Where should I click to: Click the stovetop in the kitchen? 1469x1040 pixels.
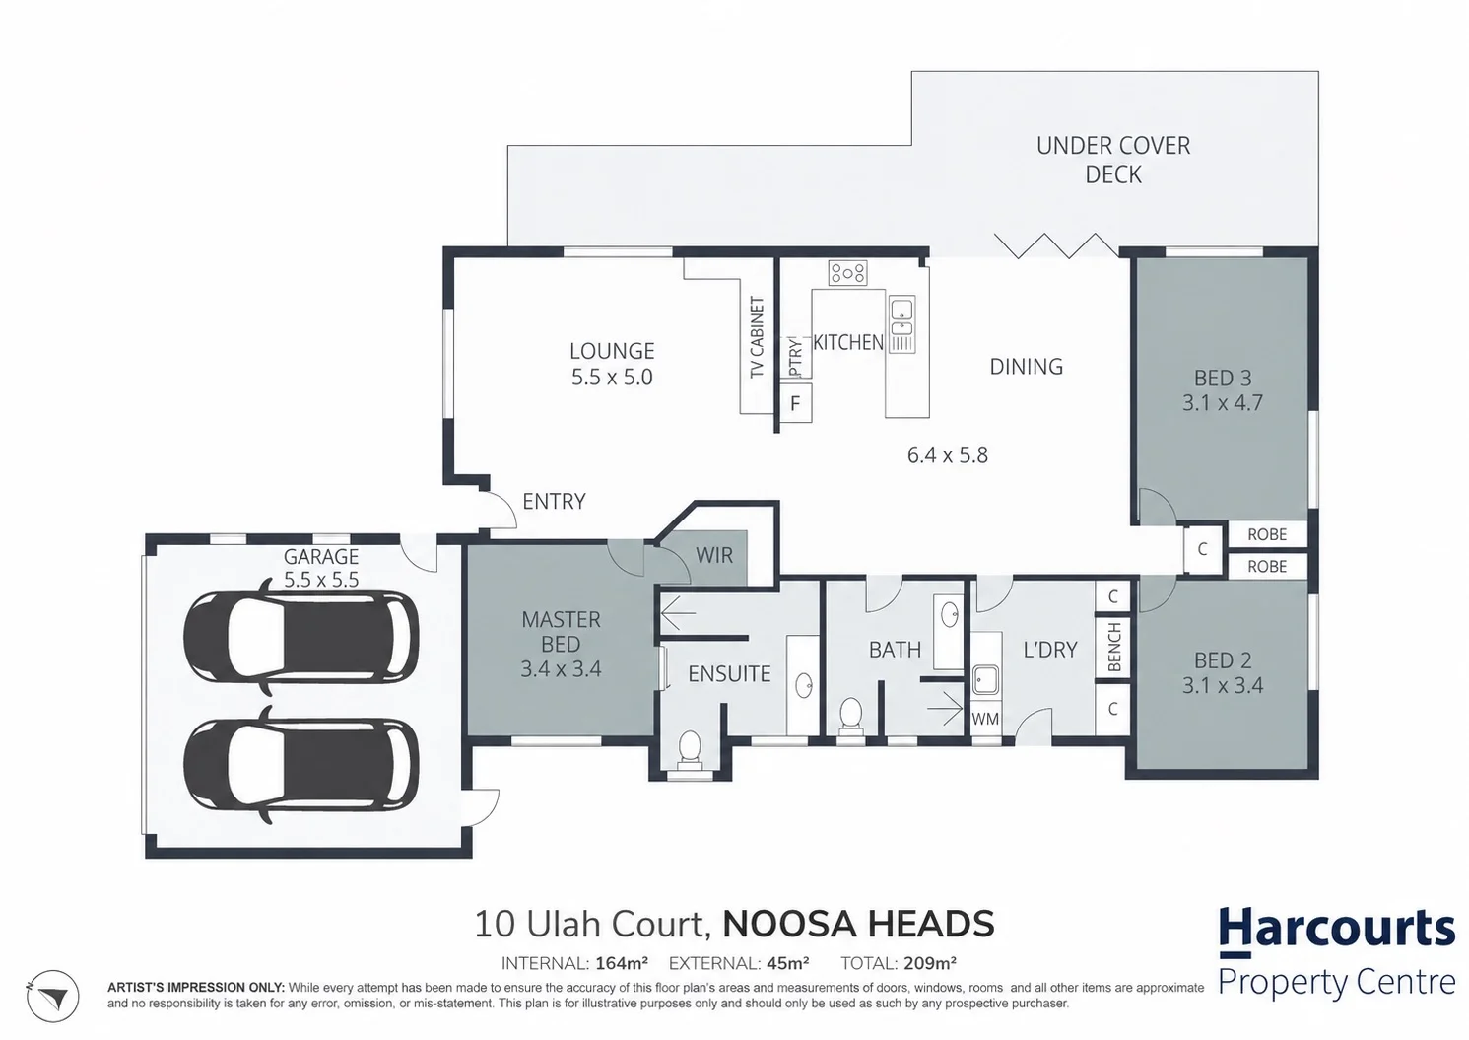coord(847,273)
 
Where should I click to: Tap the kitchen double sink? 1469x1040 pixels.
coord(901,324)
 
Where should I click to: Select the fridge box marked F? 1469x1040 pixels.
coord(795,403)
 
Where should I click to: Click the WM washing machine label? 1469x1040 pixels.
coord(985,720)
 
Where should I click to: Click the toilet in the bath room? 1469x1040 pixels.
coord(850,715)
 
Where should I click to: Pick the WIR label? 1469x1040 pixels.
coord(714,556)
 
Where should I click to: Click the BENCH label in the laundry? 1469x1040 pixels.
coord(1113,648)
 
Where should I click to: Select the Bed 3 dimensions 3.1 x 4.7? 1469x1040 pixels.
coord(1223,403)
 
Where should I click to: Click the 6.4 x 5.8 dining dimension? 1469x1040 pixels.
coord(947,455)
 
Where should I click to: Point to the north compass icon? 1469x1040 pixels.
coord(52,996)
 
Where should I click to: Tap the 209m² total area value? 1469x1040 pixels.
coord(930,963)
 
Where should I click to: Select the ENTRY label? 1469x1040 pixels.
coord(554,502)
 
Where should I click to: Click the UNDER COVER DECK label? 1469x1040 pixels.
coord(1113,160)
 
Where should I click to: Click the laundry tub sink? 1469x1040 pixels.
coord(985,680)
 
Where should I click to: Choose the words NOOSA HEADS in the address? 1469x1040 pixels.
coord(858,924)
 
